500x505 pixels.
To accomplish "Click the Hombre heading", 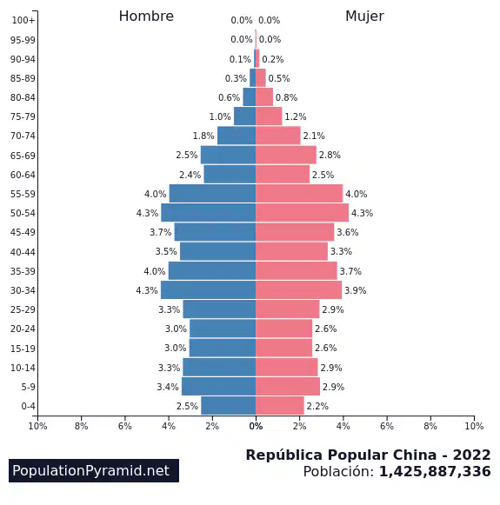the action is click(x=146, y=17).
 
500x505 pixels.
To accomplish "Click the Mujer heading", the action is click(x=364, y=17).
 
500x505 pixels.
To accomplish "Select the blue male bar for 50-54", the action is click(x=209, y=213).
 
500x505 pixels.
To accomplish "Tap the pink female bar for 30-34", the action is click(x=298, y=289).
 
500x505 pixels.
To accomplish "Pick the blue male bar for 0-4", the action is click(x=229, y=406).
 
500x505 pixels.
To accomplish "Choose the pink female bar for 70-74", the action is click(x=278, y=136).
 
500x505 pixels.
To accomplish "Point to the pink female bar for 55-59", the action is click(x=299, y=193).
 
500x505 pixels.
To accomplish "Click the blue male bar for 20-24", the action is click(x=223, y=329).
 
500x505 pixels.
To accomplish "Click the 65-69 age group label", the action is click(x=23, y=156).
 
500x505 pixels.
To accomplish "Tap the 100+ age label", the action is click(x=23, y=20).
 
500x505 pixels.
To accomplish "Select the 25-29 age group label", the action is click(x=23, y=309).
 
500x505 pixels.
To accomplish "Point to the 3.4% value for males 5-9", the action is click(x=168, y=387).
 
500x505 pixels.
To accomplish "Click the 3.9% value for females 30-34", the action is click(x=356, y=290).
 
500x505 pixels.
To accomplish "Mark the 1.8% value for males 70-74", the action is click(x=203, y=136).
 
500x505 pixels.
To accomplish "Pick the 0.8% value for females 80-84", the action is click(x=286, y=97).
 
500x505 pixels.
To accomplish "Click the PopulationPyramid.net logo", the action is click(x=94, y=470).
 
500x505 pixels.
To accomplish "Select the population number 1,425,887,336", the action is click(x=435, y=471).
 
